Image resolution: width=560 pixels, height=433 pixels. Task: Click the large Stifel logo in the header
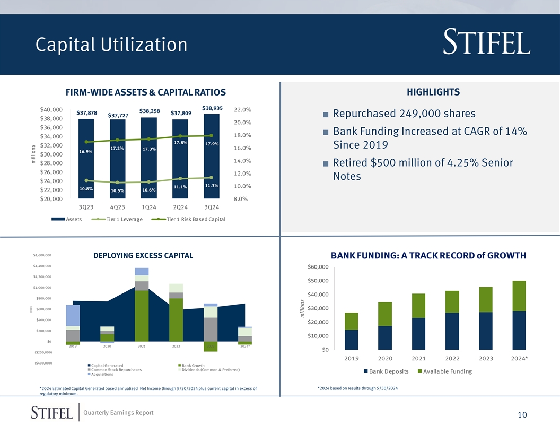(486, 42)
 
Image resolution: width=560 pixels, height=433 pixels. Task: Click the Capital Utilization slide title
(111, 45)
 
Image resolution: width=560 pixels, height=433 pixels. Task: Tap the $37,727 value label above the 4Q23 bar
(118, 116)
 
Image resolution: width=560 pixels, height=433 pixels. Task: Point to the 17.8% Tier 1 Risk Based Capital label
(180, 142)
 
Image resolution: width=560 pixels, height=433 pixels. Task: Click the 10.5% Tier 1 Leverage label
(118, 190)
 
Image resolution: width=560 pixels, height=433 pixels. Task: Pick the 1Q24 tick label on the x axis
(149, 207)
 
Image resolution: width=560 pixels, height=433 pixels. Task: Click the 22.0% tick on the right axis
(242, 110)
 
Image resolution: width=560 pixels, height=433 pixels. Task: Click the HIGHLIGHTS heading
(433, 92)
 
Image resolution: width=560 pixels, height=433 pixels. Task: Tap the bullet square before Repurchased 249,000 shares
(325, 115)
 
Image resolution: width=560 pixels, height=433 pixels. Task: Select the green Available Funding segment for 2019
(351, 321)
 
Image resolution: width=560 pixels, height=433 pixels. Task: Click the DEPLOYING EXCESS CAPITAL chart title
(143, 256)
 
